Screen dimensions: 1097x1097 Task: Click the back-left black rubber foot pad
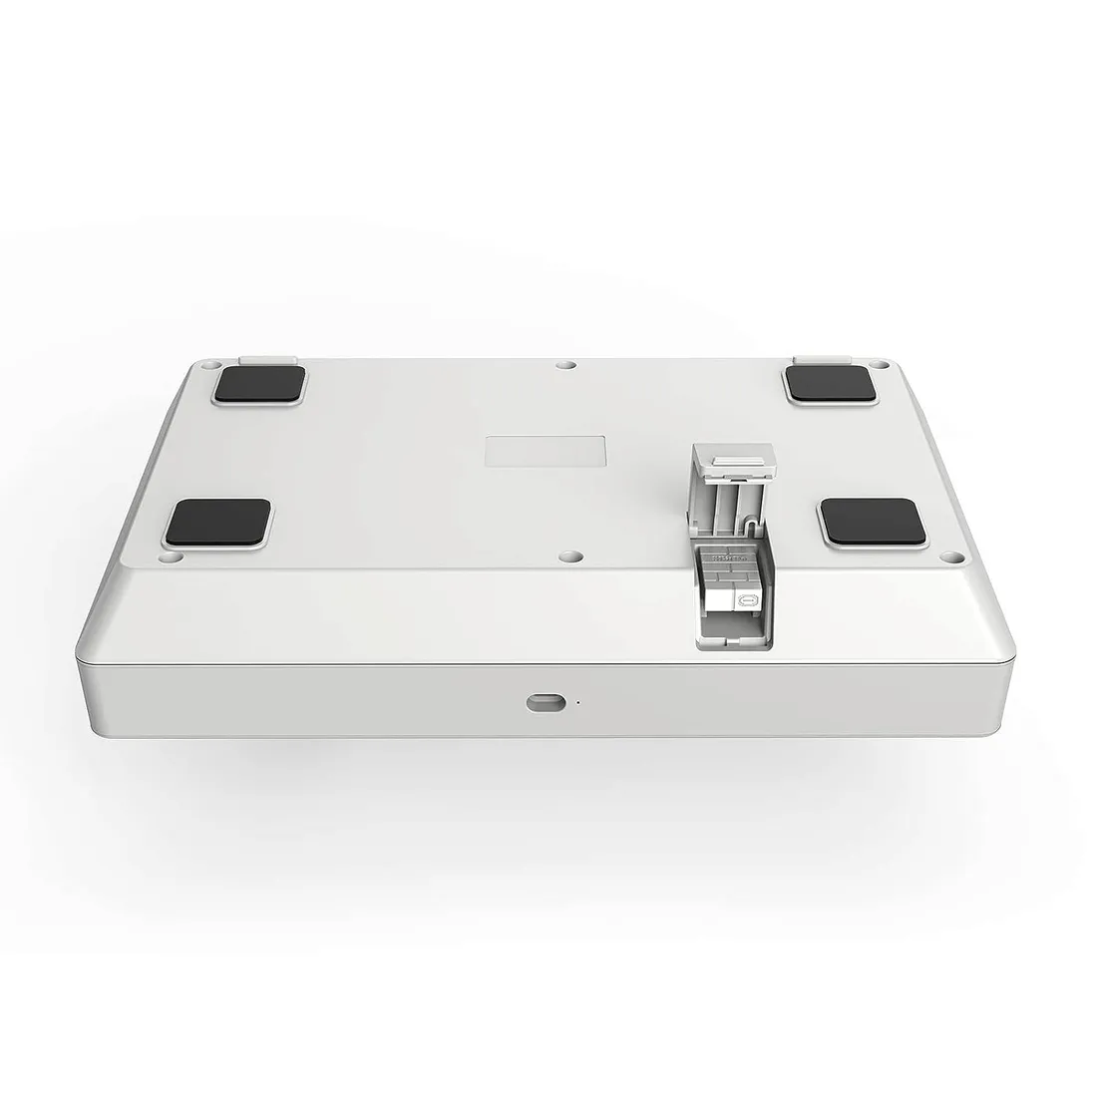[258, 385]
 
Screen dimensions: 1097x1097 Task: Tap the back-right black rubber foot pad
[829, 383]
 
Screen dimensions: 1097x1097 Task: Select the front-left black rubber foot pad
[219, 523]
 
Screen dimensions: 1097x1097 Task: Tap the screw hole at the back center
[565, 366]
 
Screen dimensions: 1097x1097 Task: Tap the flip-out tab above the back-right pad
[821, 356]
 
